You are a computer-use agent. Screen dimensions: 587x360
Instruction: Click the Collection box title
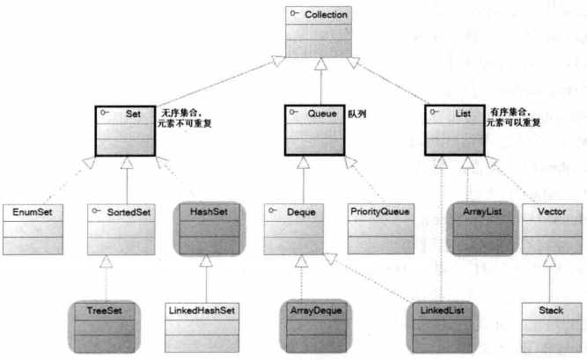tap(326, 15)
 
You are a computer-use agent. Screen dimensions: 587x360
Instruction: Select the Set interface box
tap(126, 131)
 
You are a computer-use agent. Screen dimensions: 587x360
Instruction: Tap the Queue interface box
tap(314, 130)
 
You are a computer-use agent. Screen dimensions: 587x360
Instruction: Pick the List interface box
tap(455, 130)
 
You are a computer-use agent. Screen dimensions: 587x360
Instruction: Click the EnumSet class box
tap(33, 230)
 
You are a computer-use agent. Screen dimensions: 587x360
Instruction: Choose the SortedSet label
tap(128, 212)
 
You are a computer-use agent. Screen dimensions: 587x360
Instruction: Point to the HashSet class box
tap(209, 229)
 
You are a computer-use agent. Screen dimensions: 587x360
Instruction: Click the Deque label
tap(301, 212)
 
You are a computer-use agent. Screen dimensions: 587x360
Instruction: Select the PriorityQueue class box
tap(381, 229)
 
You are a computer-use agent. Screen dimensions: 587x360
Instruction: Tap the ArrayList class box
tap(482, 229)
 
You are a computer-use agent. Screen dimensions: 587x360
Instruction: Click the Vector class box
tap(552, 229)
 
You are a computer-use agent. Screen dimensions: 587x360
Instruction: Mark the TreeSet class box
tap(105, 327)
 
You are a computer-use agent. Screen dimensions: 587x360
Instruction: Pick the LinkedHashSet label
tap(202, 311)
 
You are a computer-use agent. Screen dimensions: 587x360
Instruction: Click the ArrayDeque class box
tap(316, 327)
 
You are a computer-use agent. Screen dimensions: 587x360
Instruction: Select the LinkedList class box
tap(443, 327)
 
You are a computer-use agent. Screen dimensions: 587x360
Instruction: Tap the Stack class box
tap(551, 327)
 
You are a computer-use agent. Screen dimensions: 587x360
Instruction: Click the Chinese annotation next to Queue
tap(357, 114)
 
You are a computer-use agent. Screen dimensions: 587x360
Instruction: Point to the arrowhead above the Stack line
tap(549, 261)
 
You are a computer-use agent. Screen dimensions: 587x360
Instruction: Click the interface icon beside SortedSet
tap(96, 211)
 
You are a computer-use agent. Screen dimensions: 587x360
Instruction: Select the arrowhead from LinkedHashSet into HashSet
tap(206, 261)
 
